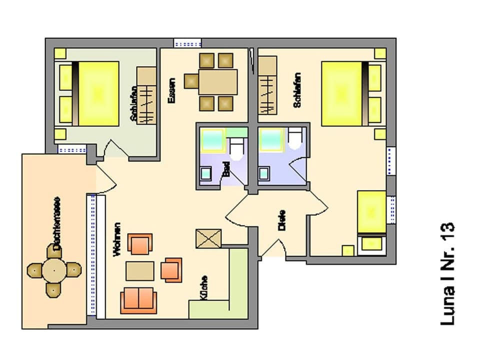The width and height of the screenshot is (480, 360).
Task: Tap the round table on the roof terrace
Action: (53, 270)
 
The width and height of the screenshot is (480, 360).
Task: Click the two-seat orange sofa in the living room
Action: (138, 300)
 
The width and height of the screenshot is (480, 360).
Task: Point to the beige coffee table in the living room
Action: (140, 271)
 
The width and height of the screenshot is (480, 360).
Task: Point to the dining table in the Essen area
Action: (217, 81)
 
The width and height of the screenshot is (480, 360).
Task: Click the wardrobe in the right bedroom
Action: (267, 85)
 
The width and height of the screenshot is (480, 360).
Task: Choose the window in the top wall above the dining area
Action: (187, 43)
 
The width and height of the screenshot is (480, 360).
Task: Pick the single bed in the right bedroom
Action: (371, 212)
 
